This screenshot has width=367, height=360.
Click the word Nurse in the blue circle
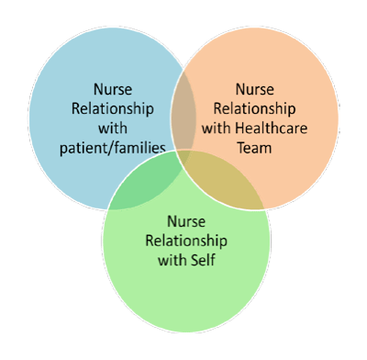(x=113, y=89)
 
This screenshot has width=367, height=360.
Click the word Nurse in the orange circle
(x=254, y=89)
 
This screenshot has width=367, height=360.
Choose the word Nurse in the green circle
(x=186, y=221)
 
